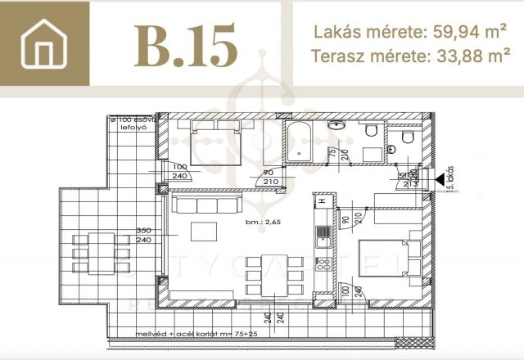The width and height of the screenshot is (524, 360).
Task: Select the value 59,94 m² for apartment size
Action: pos(457,33)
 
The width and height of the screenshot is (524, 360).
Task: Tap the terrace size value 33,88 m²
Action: pos(463,57)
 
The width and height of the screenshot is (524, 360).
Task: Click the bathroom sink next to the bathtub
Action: pos(337,127)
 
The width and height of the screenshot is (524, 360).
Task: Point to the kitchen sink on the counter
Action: pos(323,235)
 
